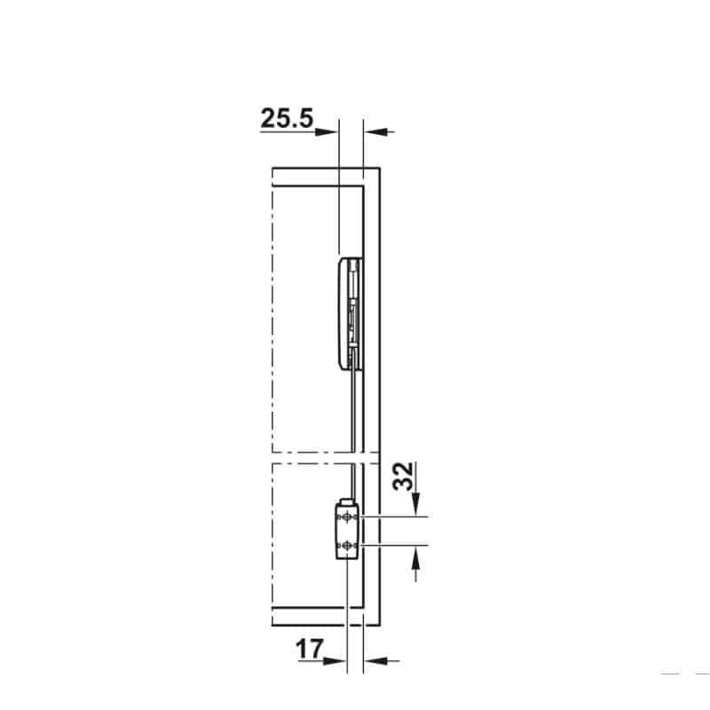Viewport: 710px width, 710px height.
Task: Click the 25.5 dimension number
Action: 287,118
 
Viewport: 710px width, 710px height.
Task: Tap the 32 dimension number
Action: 404,476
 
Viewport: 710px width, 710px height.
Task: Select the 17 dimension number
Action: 310,650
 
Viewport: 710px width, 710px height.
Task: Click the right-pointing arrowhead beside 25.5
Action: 327,131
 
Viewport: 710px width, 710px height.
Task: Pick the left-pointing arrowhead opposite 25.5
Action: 375,131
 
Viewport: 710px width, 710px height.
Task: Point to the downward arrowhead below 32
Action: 416,503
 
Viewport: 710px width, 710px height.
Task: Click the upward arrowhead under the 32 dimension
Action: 416,558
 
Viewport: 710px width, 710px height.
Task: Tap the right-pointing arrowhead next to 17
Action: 335,661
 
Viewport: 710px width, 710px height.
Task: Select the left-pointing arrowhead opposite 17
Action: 375,661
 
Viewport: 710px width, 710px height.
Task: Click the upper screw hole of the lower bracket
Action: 347,517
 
